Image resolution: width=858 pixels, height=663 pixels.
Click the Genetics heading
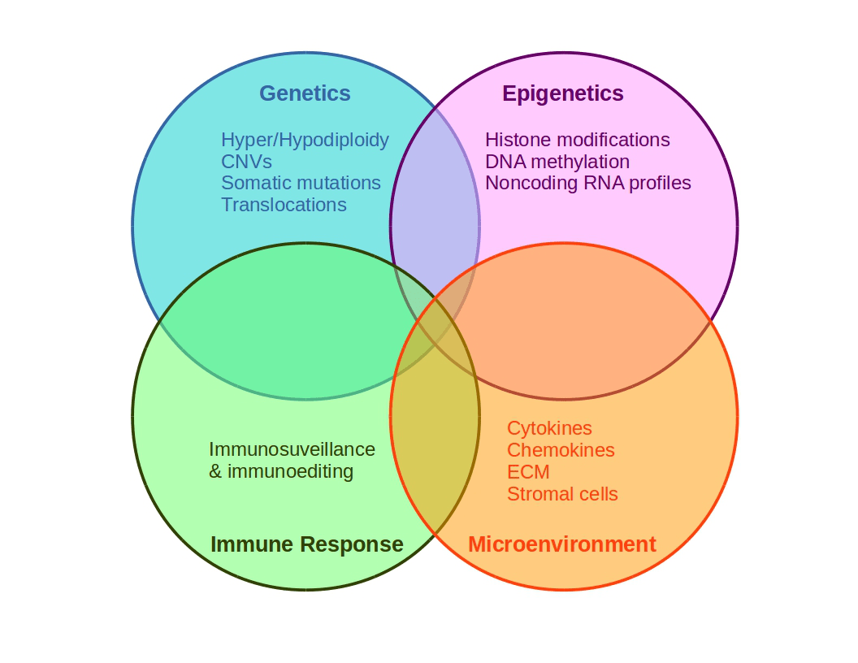(305, 93)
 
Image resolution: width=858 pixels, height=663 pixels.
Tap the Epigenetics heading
(563, 93)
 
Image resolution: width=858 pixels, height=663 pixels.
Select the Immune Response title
(306, 544)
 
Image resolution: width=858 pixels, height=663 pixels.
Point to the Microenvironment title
(561, 544)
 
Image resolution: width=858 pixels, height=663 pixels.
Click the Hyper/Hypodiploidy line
(305, 140)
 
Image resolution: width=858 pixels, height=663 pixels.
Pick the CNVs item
(246, 162)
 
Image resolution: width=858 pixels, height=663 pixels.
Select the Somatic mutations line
(301, 183)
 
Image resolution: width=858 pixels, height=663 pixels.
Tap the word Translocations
(284, 205)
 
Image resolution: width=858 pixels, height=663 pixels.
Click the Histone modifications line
(577, 140)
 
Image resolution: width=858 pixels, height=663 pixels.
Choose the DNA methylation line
(557, 162)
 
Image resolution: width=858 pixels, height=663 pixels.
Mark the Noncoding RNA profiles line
(587, 183)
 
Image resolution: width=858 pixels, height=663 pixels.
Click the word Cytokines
(549, 428)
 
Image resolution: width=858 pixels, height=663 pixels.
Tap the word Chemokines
(561, 450)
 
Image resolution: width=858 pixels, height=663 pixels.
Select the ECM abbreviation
(528, 472)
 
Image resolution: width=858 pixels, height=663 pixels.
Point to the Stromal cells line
(562, 494)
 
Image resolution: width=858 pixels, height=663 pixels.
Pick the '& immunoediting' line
(281, 471)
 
